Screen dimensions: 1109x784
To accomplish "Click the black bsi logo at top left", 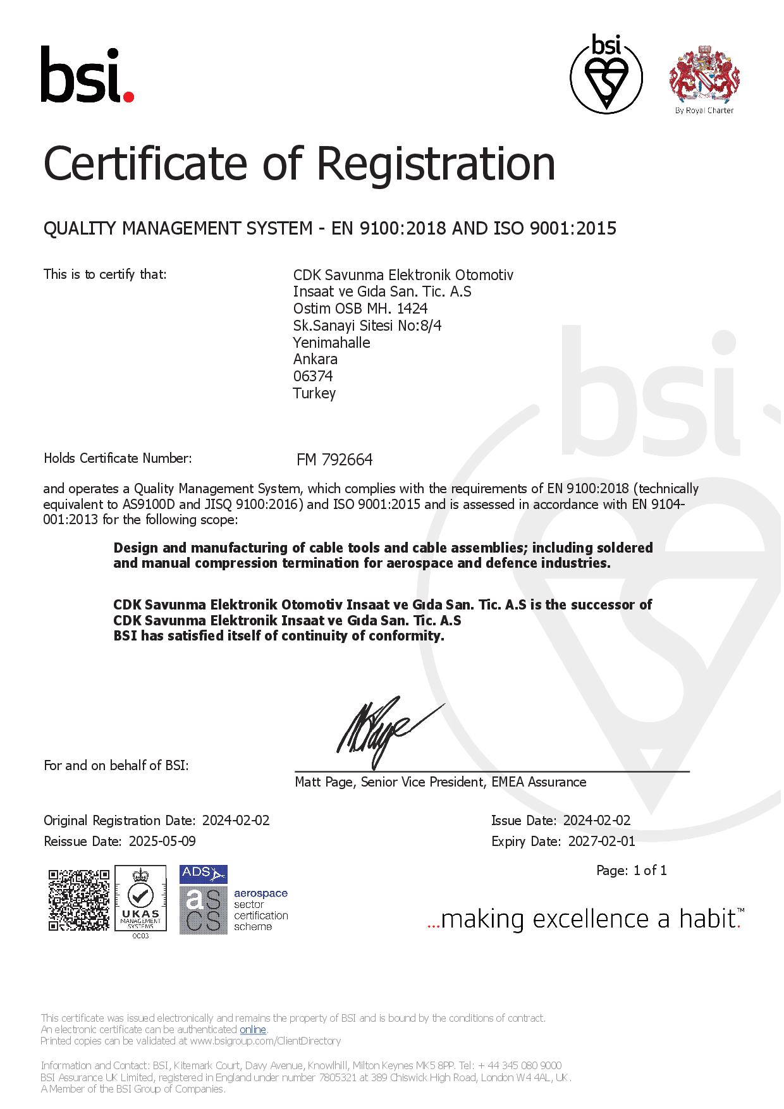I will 87,75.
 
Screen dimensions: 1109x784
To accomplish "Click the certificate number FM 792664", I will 334,460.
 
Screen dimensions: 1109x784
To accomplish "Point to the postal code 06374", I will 313,376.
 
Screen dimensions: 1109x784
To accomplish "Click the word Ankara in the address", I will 315,359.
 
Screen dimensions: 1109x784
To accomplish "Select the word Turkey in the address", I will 314,393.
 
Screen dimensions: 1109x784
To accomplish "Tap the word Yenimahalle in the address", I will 331,343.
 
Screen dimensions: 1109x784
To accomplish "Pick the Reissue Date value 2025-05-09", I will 162,841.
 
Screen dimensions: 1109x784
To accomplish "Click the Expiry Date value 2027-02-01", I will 601,841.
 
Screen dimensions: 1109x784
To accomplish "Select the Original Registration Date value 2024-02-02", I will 236,821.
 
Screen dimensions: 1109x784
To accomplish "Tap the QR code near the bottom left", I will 78,900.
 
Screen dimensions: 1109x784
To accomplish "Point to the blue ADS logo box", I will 204,874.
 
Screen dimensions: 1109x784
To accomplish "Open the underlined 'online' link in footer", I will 252,1030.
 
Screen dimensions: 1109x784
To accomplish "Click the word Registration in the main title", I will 436,163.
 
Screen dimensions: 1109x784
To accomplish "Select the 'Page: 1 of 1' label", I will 631,871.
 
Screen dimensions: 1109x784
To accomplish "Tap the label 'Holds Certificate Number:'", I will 118,458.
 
